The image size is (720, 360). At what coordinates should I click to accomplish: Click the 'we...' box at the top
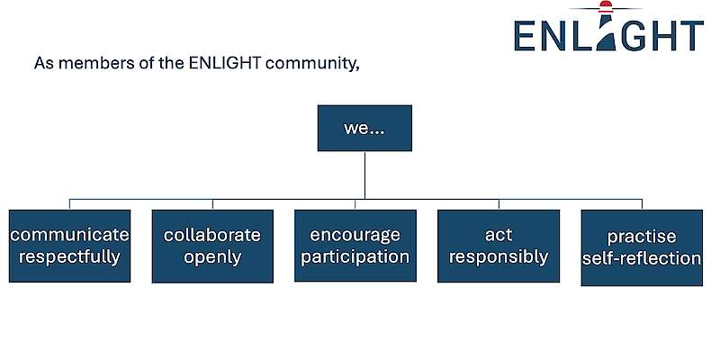point(364,128)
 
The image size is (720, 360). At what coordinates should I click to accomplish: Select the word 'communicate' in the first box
point(69,235)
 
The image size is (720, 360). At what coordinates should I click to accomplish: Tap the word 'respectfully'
point(69,256)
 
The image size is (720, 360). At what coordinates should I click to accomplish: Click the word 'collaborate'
point(212,235)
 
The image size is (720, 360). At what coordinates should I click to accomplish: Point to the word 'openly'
point(212,257)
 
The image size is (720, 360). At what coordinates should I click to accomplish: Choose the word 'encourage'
point(355,235)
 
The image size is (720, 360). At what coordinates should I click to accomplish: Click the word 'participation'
point(355,256)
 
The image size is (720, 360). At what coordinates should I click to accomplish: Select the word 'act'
point(498,235)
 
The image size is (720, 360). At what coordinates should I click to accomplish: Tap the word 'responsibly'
point(498,256)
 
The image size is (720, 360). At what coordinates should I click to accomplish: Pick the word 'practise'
point(642,237)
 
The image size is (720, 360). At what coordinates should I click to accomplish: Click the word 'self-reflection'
point(642,258)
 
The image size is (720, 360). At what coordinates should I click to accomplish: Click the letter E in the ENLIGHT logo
point(528,35)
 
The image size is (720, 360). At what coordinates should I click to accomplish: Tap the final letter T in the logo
point(690,35)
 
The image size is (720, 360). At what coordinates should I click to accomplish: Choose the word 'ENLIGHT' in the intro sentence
point(238,65)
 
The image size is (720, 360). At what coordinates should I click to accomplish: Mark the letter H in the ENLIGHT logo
point(661,35)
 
